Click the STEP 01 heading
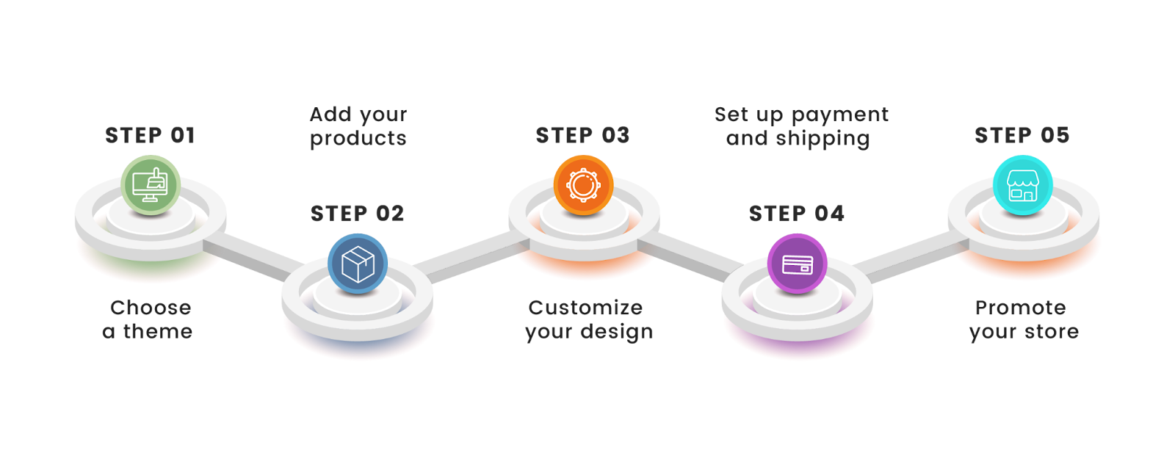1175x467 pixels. pyautogui.click(x=150, y=135)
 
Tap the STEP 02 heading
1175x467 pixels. pyautogui.click(x=357, y=214)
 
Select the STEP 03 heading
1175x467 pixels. pyautogui.click(x=582, y=135)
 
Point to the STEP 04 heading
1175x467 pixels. pyautogui.click(x=797, y=214)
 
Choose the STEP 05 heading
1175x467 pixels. pyautogui.click(x=1022, y=135)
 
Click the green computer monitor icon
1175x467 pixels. pyautogui.click(x=151, y=185)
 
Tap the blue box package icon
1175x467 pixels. pyautogui.click(x=358, y=264)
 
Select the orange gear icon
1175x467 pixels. pyautogui.click(x=583, y=185)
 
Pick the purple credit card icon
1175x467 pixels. pyautogui.click(x=797, y=264)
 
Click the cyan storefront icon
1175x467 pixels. pyautogui.click(x=1022, y=185)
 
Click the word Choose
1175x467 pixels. pyautogui.click(x=151, y=308)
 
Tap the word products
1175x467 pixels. pyautogui.click(x=358, y=139)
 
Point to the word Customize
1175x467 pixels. pyautogui.click(x=585, y=308)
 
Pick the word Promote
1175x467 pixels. pyautogui.click(x=1020, y=308)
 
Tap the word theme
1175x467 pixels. pyautogui.click(x=158, y=332)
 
